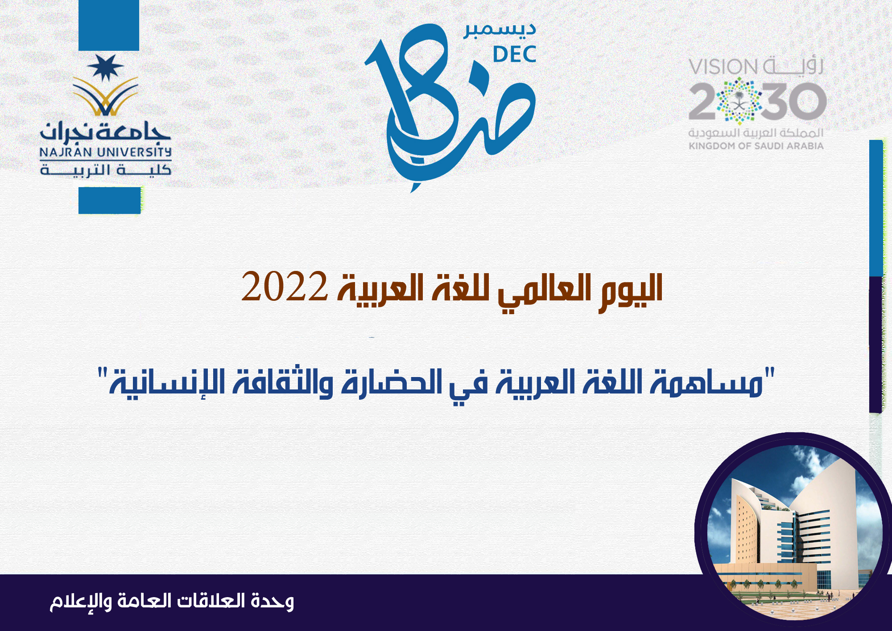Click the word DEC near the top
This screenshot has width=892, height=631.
[x=514, y=54]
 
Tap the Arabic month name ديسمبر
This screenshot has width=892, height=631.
[x=500, y=30]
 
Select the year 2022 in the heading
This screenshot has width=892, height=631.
[x=285, y=287]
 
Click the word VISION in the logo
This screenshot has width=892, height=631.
[x=723, y=67]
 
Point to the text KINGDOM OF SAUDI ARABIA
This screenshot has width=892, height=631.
[x=756, y=146]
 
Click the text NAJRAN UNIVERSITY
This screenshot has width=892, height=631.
[x=105, y=152]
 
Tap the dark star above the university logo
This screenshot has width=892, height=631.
[x=105, y=67]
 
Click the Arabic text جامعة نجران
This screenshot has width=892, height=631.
[x=105, y=131]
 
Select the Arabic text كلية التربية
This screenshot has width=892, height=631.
[x=105, y=170]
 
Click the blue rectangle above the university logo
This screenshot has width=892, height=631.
[x=109, y=25]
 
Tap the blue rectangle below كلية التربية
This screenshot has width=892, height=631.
[x=110, y=201]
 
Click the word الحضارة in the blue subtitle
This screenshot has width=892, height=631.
[x=385, y=382]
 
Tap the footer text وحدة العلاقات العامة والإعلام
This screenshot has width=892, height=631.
[x=172, y=602]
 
